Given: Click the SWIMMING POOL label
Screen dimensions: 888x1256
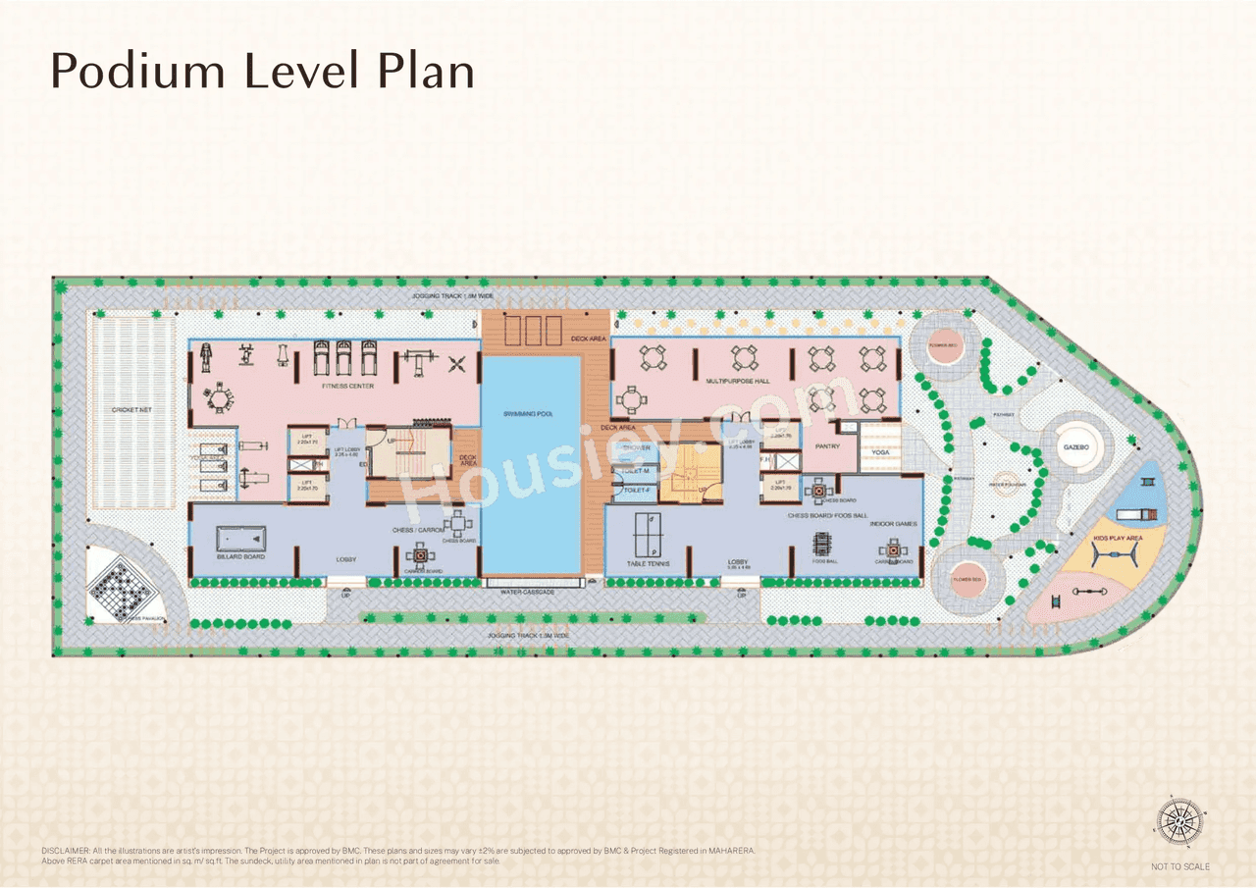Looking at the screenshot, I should point(530,415).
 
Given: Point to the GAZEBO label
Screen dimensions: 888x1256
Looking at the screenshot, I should point(1076,446).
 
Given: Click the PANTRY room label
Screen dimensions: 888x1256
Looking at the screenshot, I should point(827,446).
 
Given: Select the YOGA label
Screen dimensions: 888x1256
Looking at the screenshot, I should point(880,452).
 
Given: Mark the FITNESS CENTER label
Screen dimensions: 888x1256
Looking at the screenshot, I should point(348,387).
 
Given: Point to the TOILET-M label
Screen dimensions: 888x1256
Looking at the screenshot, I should point(638,471).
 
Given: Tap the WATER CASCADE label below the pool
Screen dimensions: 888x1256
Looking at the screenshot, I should point(527,593).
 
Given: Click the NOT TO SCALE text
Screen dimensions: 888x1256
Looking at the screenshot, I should point(1180,866).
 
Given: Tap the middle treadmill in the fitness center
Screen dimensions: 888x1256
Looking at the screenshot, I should point(344,358).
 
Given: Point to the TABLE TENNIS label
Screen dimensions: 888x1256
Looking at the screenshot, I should point(649,563).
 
